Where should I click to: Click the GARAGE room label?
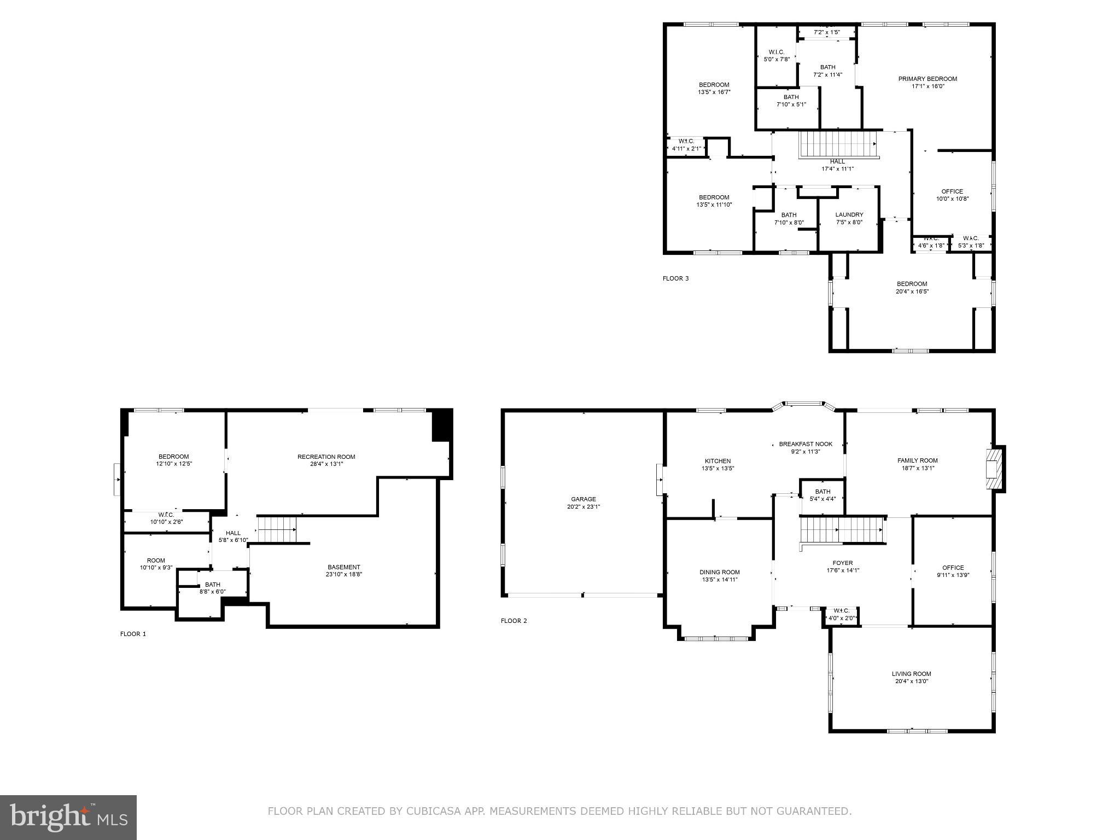point(584,499)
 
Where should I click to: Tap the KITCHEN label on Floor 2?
point(717,461)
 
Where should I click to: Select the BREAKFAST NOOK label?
point(806,444)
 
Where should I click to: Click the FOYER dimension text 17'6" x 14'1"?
point(843,570)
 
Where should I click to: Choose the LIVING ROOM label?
point(911,674)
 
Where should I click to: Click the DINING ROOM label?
point(719,572)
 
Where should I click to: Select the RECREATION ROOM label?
point(326,457)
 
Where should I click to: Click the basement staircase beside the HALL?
point(277,529)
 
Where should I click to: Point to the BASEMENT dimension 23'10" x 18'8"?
point(344,574)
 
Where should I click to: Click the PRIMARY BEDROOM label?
point(927,79)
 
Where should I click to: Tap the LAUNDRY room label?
point(849,215)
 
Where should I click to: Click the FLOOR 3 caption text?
point(675,278)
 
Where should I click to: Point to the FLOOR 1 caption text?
point(133,634)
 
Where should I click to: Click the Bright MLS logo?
point(68,818)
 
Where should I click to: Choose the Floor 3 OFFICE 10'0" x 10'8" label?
point(952,191)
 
